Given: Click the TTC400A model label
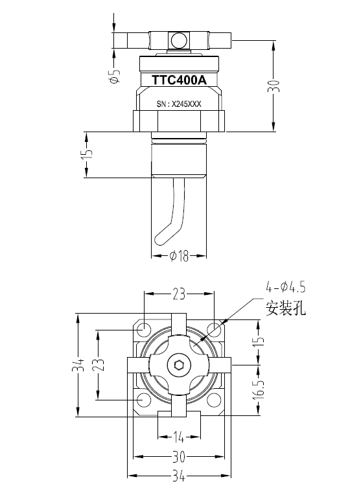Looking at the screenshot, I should pos(179,80).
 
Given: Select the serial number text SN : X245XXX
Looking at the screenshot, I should pos(179,104).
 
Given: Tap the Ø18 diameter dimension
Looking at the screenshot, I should pos(179,257).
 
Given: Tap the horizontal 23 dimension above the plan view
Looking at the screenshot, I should pos(180,294).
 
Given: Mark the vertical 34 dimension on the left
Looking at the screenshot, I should pos(78,366).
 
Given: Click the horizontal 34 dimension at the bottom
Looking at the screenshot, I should pos(179,477).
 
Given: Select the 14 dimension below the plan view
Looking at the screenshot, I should pos(179,436).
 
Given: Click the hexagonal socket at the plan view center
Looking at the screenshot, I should pos(180,365).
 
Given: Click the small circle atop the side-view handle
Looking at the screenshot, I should pos(178,41).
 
